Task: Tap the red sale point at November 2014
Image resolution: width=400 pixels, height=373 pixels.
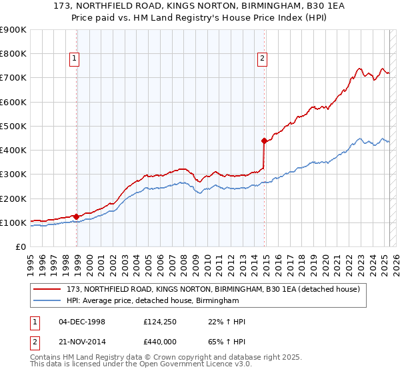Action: pyautogui.click(x=264, y=141)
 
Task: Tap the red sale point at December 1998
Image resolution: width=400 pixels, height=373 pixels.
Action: pyautogui.click(x=76, y=216)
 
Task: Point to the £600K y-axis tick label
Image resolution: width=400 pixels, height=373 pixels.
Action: pyautogui.click(x=13, y=102)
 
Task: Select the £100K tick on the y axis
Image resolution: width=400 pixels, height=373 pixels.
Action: pyautogui.click(x=13, y=222)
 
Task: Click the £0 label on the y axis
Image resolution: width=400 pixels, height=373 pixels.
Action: pyautogui.click(x=20, y=246)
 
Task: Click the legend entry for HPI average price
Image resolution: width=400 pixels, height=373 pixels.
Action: pyautogui.click(x=153, y=301)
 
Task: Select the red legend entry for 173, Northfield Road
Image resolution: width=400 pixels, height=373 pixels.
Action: pyautogui.click(x=213, y=289)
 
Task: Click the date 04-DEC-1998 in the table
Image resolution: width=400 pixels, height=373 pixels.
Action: pyautogui.click(x=82, y=322)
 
